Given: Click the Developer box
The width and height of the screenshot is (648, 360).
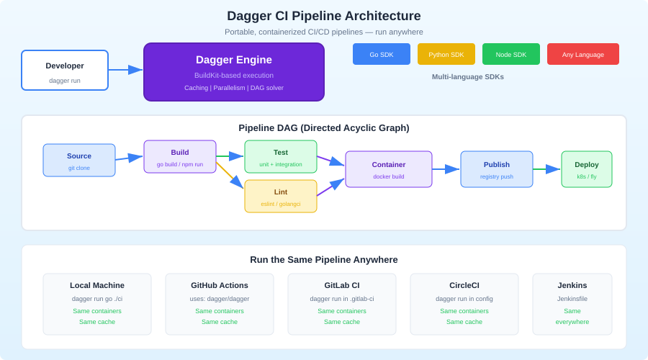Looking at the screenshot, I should pyautogui.click(x=65, y=70).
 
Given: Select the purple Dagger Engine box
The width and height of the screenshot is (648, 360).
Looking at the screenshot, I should pyautogui.click(x=234, y=72).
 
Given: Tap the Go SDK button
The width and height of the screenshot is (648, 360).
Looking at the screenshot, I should pyautogui.click(x=382, y=54).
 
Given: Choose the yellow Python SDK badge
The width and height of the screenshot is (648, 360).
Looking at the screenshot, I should pyautogui.click(x=446, y=54).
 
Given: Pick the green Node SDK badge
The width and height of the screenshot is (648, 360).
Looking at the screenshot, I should pyautogui.click(x=511, y=54).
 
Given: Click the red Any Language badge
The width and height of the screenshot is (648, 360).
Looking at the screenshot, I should pyautogui.click(x=583, y=54).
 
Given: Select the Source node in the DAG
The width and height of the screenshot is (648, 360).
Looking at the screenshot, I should pyautogui.click(x=79, y=160).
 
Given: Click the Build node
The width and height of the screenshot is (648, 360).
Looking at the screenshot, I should pyautogui.click(x=180, y=156).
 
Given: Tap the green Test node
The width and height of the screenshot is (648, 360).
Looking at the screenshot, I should pyautogui.click(x=281, y=156).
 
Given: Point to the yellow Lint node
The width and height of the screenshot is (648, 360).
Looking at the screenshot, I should pyautogui.click(x=281, y=196).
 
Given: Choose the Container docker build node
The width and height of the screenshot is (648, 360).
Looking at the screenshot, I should pyautogui.click(x=389, y=169).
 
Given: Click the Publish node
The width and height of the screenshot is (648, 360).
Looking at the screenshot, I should pyautogui.click(x=497, y=169).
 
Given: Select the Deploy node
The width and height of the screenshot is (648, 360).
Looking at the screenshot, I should pyautogui.click(x=587, y=169).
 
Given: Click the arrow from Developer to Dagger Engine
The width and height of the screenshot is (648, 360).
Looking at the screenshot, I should pyautogui.click(x=125, y=70).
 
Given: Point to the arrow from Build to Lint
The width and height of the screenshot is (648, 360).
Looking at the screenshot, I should pyautogui.click(x=229, y=175).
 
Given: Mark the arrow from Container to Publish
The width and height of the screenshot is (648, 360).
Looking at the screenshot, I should pyautogui.click(x=446, y=169).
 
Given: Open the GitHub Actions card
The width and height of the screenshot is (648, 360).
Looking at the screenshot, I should pyautogui.click(x=220, y=304).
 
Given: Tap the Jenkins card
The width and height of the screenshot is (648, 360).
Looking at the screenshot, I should pyautogui.click(x=572, y=304).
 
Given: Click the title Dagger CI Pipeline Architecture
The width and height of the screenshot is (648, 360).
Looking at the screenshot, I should pyautogui.click(x=324, y=16).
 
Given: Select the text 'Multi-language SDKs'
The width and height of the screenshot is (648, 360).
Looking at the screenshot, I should pyautogui.click(x=468, y=76).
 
